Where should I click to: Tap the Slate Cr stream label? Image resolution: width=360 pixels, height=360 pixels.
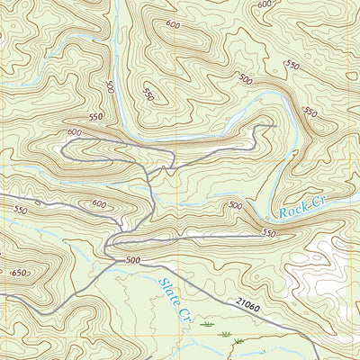171,299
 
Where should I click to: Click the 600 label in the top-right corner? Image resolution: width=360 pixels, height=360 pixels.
264,4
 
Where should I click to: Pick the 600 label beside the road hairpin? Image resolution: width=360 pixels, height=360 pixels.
74,132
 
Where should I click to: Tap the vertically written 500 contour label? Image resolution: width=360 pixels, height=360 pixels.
110,87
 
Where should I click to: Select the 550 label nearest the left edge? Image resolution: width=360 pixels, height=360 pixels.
20,210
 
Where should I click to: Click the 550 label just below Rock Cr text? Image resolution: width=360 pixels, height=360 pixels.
268,233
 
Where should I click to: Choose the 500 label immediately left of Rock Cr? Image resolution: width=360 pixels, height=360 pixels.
236,206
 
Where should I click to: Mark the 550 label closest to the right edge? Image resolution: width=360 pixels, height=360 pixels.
310,112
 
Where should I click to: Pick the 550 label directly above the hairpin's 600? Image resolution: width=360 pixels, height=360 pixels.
97,117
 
